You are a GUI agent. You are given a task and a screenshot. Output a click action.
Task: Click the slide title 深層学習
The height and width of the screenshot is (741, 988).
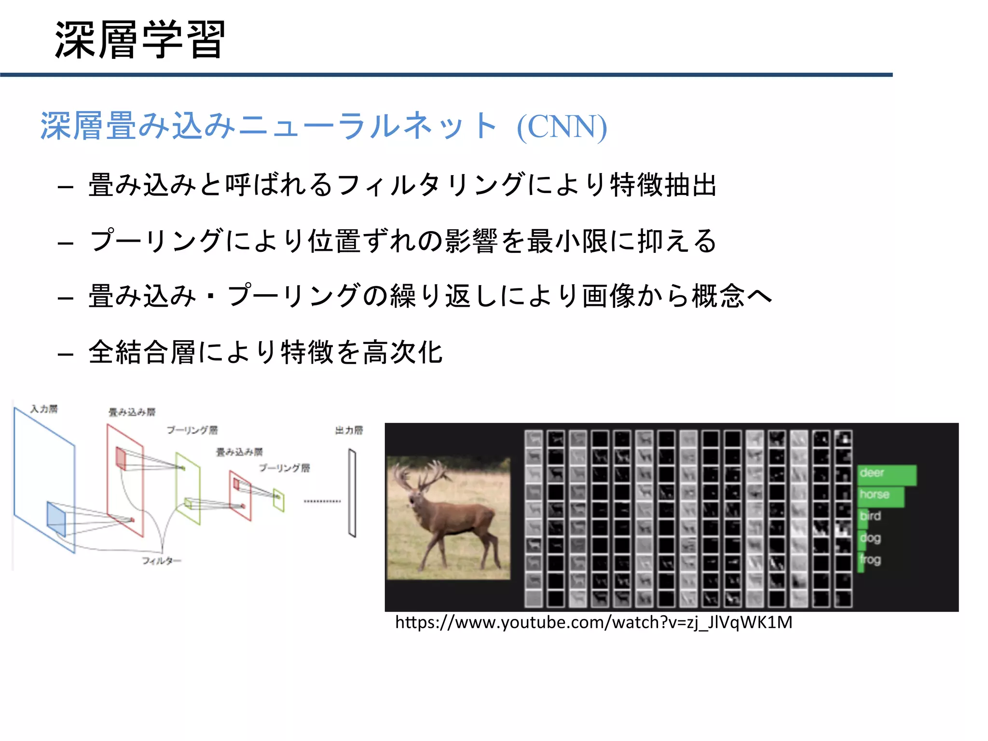pyautogui.click(x=140, y=40)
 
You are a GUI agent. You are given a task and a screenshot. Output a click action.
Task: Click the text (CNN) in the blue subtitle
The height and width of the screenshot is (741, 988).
pyautogui.click(x=562, y=127)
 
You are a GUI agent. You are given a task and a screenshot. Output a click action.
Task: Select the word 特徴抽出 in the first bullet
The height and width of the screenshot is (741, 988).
pyautogui.click(x=663, y=185)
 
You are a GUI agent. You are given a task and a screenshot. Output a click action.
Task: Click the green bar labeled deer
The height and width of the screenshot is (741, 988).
pyautogui.click(x=887, y=475)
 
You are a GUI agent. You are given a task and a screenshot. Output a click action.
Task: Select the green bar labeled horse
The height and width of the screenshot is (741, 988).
pyautogui.click(x=881, y=496)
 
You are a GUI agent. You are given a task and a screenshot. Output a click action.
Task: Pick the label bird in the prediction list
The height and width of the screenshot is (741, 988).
pyautogui.click(x=870, y=516)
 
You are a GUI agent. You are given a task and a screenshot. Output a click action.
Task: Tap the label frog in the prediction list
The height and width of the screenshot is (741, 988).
pyautogui.click(x=870, y=560)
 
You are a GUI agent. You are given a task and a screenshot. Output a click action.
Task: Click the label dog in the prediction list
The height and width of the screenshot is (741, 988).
pyautogui.click(x=870, y=537)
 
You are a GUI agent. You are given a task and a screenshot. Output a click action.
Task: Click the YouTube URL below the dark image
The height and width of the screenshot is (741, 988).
pyautogui.click(x=593, y=623)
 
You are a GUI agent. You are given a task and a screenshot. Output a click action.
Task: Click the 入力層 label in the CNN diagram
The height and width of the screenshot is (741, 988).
pyautogui.click(x=44, y=409)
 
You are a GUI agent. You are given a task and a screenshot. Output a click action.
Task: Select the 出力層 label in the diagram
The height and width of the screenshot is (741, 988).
pyautogui.click(x=349, y=430)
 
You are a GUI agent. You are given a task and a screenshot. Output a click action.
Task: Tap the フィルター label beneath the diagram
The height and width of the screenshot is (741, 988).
pyautogui.click(x=162, y=561)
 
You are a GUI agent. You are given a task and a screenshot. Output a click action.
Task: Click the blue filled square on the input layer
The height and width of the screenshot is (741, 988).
pyautogui.click(x=56, y=519)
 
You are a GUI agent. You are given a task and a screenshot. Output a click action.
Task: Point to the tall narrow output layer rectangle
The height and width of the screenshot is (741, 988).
pyautogui.click(x=352, y=493)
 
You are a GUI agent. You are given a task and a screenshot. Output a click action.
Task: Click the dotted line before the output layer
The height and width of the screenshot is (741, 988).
pyautogui.click(x=322, y=502)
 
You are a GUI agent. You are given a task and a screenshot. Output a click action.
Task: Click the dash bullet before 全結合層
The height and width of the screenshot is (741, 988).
pyautogui.click(x=65, y=355)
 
